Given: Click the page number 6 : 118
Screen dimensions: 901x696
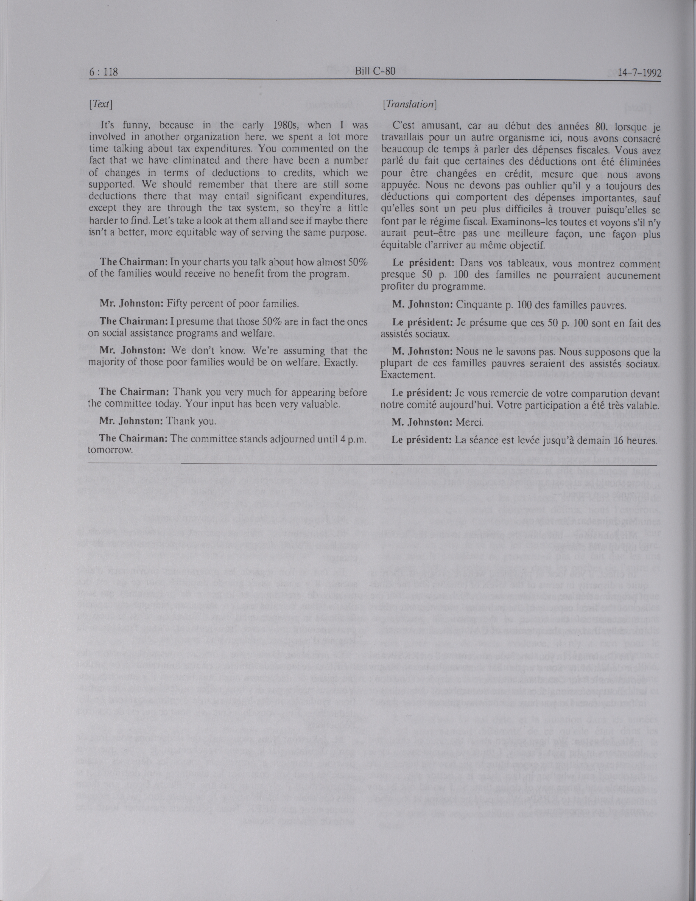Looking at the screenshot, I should click(104, 72).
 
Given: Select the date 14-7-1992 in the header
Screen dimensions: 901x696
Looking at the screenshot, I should click(634, 73).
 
